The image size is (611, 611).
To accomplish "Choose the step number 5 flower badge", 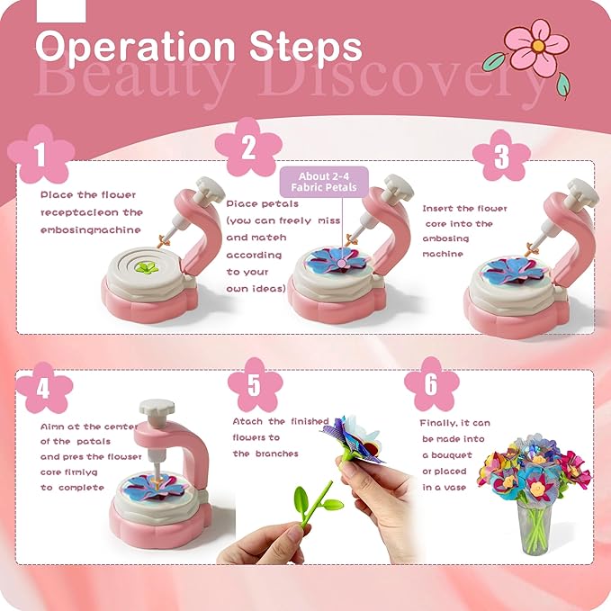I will click(255, 384).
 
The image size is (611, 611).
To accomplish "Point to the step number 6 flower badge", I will click(430, 384).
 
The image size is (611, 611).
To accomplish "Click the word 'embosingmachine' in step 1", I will click(90, 229).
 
